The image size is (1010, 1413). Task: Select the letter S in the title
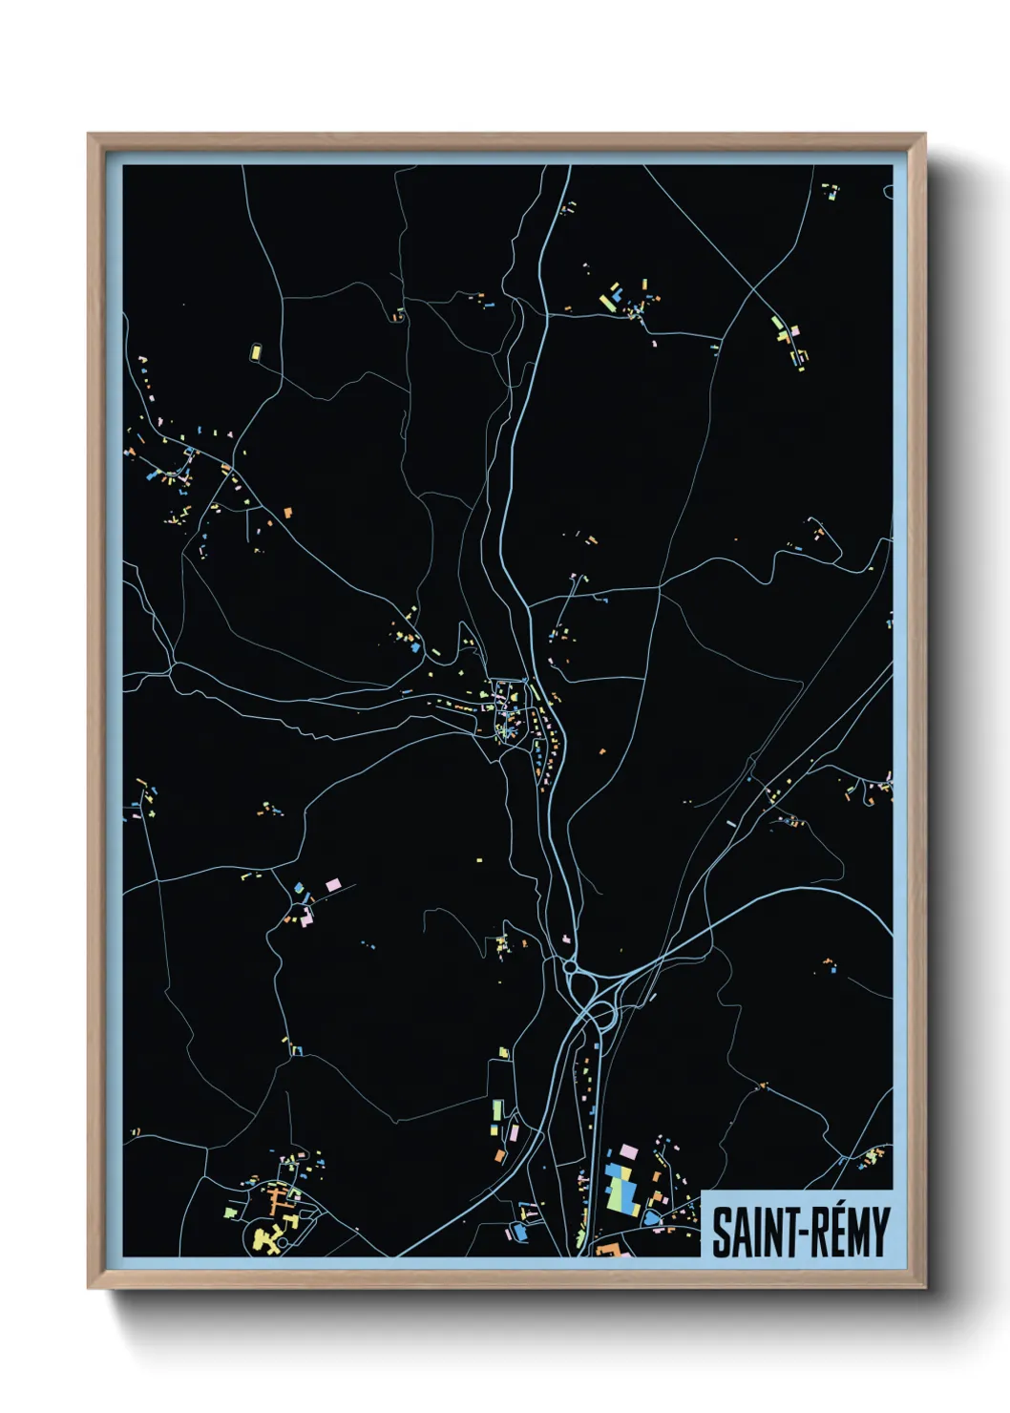click(720, 1233)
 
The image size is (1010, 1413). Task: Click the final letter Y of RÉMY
click(879, 1233)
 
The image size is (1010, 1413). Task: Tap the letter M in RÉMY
click(852, 1233)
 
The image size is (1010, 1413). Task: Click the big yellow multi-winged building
click(267, 1238)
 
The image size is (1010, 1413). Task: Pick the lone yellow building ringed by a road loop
click(256, 351)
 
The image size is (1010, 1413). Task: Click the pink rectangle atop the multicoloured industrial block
click(628, 1150)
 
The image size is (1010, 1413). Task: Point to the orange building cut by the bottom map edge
click(608, 1249)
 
